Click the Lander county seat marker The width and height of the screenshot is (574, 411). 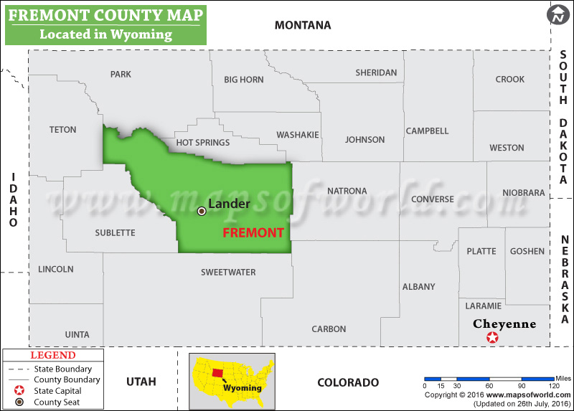point(202,211)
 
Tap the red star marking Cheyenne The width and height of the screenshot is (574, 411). point(492,338)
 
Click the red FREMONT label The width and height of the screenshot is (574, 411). point(253,233)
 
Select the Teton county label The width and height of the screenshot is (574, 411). point(62,130)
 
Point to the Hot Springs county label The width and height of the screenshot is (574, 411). point(203,143)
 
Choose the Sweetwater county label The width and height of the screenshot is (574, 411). point(228,272)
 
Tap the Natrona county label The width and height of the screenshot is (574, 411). point(347,191)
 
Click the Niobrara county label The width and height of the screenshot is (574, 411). point(524,193)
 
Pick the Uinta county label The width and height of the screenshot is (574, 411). point(77,334)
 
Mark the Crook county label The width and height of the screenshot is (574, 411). point(509,80)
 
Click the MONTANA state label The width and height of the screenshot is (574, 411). point(303,25)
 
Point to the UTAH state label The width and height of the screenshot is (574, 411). point(141,382)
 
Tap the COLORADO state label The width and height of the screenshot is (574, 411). point(348,382)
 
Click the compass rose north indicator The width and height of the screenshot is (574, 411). point(557,14)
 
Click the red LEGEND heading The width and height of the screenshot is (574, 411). point(52,355)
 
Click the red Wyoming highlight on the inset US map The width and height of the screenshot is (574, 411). point(218,373)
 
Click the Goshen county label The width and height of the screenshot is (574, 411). point(527,251)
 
